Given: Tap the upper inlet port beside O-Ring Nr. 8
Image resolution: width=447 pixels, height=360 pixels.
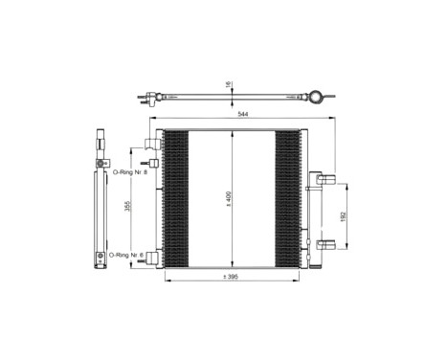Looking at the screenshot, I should (150, 145).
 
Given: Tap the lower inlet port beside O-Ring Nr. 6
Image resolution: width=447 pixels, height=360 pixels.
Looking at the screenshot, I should (150, 257).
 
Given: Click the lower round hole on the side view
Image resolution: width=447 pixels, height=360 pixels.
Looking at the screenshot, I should (100, 257).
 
